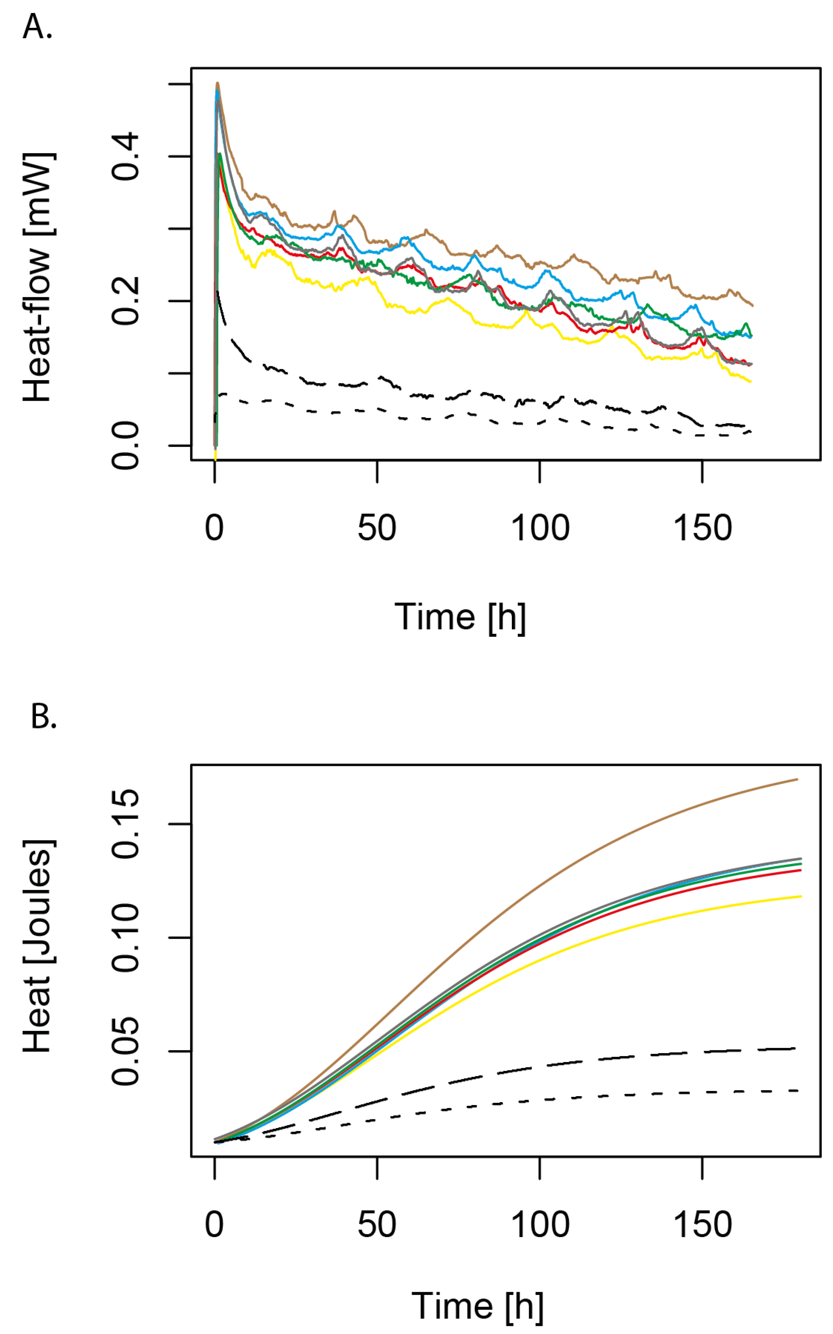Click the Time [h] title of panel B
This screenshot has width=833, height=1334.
click(x=477, y=1306)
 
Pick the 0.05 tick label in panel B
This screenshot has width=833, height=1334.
click(x=126, y=1051)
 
